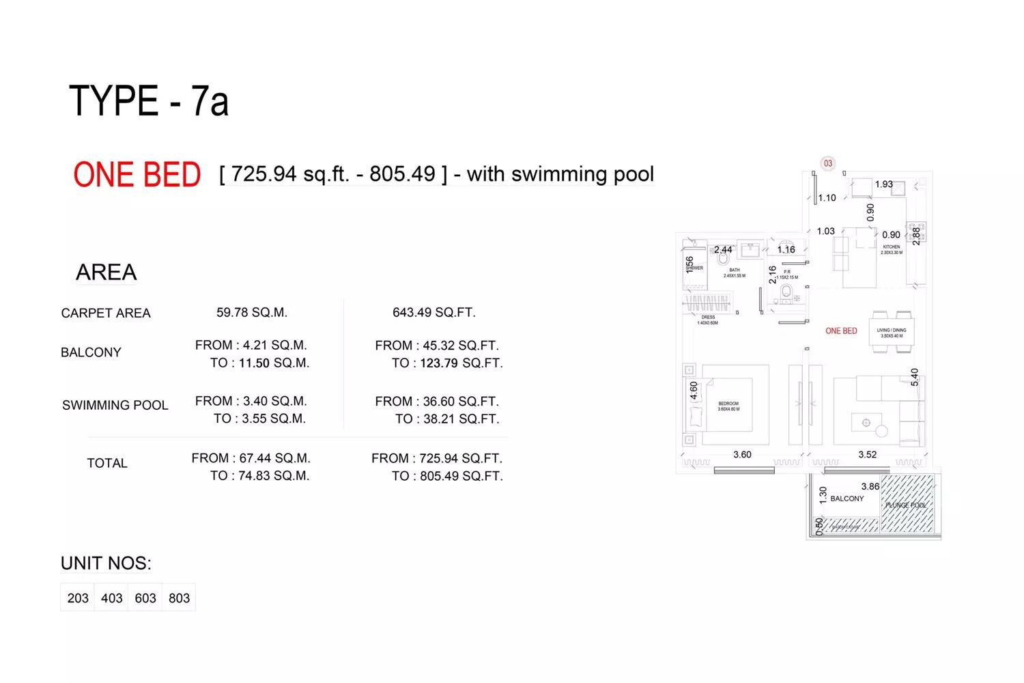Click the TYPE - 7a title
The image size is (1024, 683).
pos(149,101)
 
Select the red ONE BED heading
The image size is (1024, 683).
pos(137,175)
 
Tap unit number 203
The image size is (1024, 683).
pos(78,598)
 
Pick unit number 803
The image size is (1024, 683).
pos(179,598)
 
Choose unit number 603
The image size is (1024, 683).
pos(145,598)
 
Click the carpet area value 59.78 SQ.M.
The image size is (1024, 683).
pos(252,312)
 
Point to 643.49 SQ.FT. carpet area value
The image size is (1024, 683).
pos(433,312)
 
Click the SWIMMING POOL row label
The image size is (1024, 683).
pos(115,405)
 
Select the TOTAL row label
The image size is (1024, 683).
pos(107,463)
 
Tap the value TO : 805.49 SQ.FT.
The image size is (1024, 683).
pos(447,476)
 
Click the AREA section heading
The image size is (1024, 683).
pos(106,273)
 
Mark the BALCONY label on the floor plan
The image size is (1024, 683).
pos(847,499)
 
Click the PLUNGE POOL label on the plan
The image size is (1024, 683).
pos(906,505)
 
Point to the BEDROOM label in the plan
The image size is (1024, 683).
pos(728,404)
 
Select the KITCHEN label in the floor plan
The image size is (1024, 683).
pos(892,247)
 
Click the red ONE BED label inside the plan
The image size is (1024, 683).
pos(841,331)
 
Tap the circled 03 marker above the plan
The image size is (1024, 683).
pos(827,163)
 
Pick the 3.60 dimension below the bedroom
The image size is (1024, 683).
pos(742,454)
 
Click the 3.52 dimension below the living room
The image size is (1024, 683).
pos(867,454)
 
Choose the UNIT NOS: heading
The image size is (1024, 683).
pos(106,563)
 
